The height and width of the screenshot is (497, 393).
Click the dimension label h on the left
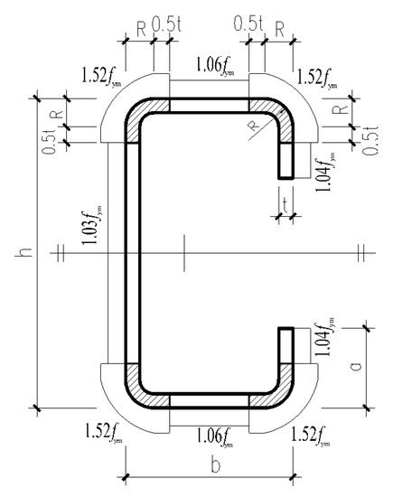pos(24,252)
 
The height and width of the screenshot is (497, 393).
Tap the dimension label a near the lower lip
pos(356,366)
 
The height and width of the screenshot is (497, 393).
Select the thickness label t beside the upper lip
pos(285,205)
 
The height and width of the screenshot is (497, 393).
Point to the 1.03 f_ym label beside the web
pos(92,224)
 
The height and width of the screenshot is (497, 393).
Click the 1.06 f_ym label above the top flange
pos(215,66)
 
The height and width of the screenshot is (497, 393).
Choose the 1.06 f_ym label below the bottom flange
pos(215,436)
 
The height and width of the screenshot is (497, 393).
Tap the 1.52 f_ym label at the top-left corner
pos(101,76)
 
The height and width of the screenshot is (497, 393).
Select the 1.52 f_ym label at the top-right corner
pos(317,80)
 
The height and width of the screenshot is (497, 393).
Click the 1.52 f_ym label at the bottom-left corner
pos(103,433)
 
